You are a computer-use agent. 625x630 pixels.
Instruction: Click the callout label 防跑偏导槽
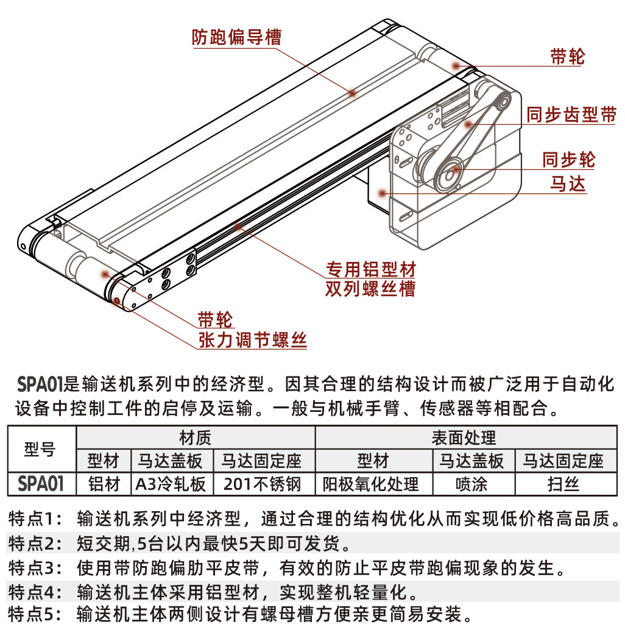[236, 37]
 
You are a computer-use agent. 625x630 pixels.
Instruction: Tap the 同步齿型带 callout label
[571, 115]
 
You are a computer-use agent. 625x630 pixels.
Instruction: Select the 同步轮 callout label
[568, 160]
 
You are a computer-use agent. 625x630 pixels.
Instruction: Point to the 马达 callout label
[568, 184]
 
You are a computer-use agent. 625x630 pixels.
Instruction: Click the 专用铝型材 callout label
[370, 269]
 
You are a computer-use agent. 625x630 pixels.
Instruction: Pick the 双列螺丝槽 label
[370, 289]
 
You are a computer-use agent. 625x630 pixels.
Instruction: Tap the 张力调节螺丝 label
[253, 340]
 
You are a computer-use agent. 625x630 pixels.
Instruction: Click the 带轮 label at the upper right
[568, 56]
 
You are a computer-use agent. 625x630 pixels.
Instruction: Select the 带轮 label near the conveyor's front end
[215, 320]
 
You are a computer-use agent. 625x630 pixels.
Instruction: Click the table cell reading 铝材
[104, 484]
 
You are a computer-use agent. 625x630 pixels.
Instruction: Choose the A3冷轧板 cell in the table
[171, 484]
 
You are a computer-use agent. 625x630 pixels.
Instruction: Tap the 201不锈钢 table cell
[262, 484]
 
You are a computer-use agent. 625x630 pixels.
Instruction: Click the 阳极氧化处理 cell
[371, 484]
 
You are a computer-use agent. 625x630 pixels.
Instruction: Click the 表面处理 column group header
[464, 437]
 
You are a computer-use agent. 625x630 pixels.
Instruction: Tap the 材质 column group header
[195, 437]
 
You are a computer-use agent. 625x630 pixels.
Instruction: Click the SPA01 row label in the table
[41, 484]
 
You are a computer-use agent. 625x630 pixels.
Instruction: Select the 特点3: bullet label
[35, 568]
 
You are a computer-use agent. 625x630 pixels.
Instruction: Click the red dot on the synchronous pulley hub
[456, 169]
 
